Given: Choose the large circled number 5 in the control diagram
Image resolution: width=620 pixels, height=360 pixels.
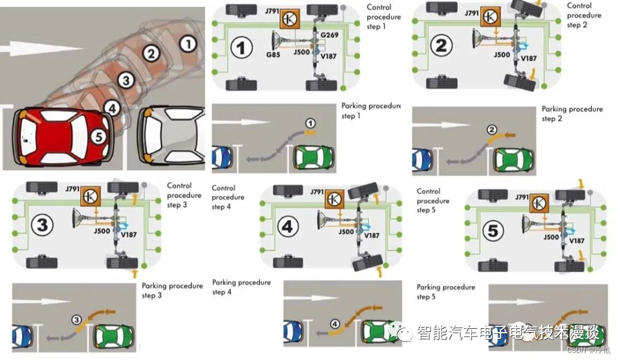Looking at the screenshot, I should pyautogui.click(x=493, y=232).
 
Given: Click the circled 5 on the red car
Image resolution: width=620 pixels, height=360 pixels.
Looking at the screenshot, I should pyautogui.click(x=97, y=135).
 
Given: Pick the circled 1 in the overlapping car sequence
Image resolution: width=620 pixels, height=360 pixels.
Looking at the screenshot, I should pyautogui.click(x=188, y=43).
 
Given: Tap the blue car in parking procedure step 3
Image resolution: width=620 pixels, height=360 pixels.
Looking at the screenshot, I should pyautogui.click(x=22, y=336).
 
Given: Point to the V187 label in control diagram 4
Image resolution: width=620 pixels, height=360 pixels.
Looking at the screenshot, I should pyautogui.click(x=372, y=236).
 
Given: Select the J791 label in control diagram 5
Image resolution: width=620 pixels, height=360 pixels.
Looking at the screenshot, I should pyautogui.click(x=518, y=198).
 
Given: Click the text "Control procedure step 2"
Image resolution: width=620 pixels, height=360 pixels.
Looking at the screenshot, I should pyautogui.click(x=584, y=15).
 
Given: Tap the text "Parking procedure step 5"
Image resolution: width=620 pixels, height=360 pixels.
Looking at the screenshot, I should pyautogui.click(x=446, y=292).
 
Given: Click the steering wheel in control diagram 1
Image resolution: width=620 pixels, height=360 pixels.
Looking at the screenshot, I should pyautogui.click(x=278, y=47).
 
